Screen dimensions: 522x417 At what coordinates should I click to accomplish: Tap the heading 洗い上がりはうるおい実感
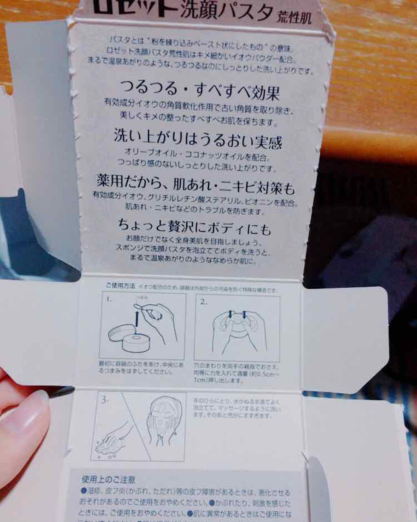click(x=198, y=139)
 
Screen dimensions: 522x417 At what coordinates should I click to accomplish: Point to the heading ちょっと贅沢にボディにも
click(x=194, y=226)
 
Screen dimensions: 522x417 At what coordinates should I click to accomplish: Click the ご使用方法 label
click(x=121, y=286)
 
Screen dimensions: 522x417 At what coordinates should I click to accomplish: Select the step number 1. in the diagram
click(x=109, y=300)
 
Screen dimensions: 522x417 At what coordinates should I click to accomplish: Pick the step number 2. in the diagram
click(x=204, y=302)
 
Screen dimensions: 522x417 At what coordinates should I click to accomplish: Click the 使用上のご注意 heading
click(x=108, y=480)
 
